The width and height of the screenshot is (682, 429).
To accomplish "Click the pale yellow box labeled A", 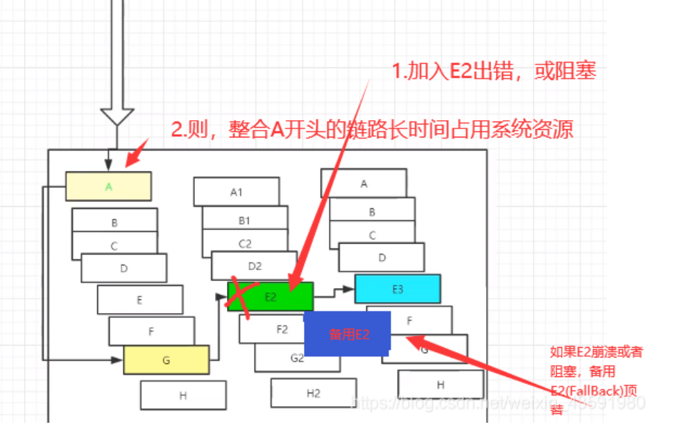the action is point(108,186).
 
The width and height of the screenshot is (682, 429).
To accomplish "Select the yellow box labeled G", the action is point(166,360).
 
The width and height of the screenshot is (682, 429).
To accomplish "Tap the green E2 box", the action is point(271,296).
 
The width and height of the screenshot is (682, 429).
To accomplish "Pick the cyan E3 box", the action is point(398,289).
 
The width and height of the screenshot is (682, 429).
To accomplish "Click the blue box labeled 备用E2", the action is point(348,333).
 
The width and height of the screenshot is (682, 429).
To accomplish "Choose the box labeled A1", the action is point(236,192).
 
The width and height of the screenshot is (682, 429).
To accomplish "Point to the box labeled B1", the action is point(244,220).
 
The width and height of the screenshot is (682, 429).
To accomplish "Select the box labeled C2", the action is point(245,243).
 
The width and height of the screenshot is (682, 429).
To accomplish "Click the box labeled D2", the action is point(254,265).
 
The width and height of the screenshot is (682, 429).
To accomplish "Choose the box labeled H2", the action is point(314,393).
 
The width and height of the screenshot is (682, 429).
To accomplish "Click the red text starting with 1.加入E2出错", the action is point(493,71).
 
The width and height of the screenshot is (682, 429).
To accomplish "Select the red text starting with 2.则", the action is point(372,129).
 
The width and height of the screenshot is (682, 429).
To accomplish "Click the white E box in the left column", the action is point(140,300).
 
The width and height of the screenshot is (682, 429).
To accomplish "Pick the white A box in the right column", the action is point(364,183).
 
